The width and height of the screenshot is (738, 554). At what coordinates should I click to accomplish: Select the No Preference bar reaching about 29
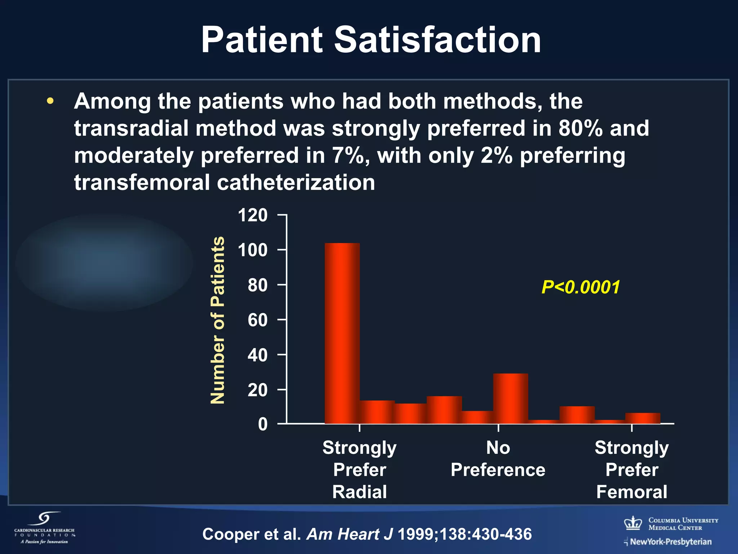tap(510, 398)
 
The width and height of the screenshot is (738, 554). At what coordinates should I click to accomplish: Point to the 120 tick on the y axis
tap(253, 215)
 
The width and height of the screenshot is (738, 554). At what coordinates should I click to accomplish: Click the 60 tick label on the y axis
tap(257, 320)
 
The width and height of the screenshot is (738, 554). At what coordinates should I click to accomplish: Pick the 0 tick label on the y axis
tap(263, 424)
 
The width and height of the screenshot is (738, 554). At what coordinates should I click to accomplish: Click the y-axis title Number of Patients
tap(218, 320)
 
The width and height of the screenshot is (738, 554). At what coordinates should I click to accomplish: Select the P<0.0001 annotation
tap(581, 287)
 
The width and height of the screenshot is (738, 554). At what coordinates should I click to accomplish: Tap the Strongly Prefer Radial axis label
tap(359, 470)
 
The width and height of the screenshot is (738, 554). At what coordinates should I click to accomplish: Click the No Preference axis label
tap(498, 459)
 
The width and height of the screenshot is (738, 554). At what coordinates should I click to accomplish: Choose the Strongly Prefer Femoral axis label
tap(631, 470)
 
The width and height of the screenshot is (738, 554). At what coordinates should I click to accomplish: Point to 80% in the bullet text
tap(581, 128)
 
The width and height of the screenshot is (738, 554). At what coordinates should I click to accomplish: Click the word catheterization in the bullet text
tap(295, 183)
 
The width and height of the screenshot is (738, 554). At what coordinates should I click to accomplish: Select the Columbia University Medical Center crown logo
tap(633, 523)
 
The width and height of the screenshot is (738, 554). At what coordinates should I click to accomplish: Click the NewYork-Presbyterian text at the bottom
tap(670, 542)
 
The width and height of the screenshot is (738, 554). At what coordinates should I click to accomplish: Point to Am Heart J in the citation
tap(349, 534)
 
